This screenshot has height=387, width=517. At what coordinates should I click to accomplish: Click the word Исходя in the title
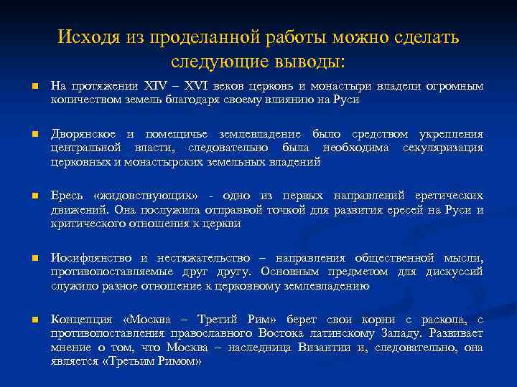coord(85,37)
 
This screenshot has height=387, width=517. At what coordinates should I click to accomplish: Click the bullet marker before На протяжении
coord(34,87)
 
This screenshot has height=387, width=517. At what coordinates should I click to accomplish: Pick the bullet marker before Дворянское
coord(34,135)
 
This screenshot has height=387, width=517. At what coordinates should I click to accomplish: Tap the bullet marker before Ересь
coord(34,196)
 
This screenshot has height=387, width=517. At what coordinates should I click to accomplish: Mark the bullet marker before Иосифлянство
coord(34,258)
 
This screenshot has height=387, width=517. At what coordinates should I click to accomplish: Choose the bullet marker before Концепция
coord(34,320)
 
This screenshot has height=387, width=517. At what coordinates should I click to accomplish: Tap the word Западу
coord(400,333)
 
